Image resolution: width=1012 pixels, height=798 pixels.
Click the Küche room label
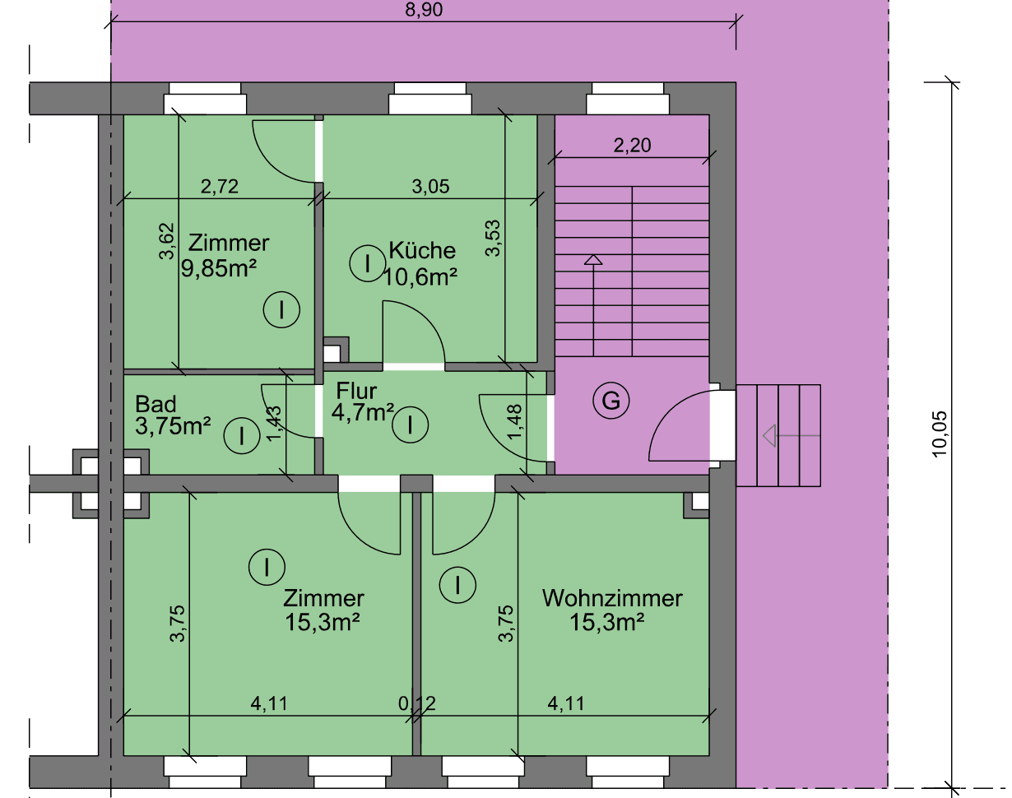(x=422, y=250)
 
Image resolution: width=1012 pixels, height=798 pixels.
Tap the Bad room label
(x=156, y=404)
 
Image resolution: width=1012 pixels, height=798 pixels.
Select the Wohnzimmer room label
(x=612, y=598)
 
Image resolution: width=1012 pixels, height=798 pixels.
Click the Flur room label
(x=355, y=389)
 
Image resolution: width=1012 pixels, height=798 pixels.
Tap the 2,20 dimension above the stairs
(x=632, y=146)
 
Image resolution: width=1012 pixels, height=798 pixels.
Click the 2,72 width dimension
(x=220, y=187)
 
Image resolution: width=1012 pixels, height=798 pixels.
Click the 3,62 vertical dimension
(x=167, y=244)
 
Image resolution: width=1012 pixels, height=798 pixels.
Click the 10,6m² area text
(x=420, y=277)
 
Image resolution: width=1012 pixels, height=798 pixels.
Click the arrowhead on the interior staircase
(x=592, y=261)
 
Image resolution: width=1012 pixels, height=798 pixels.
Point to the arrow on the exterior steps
(x=770, y=434)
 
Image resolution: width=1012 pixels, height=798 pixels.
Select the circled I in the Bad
(x=243, y=435)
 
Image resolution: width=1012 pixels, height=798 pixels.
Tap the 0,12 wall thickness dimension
(x=417, y=703)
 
